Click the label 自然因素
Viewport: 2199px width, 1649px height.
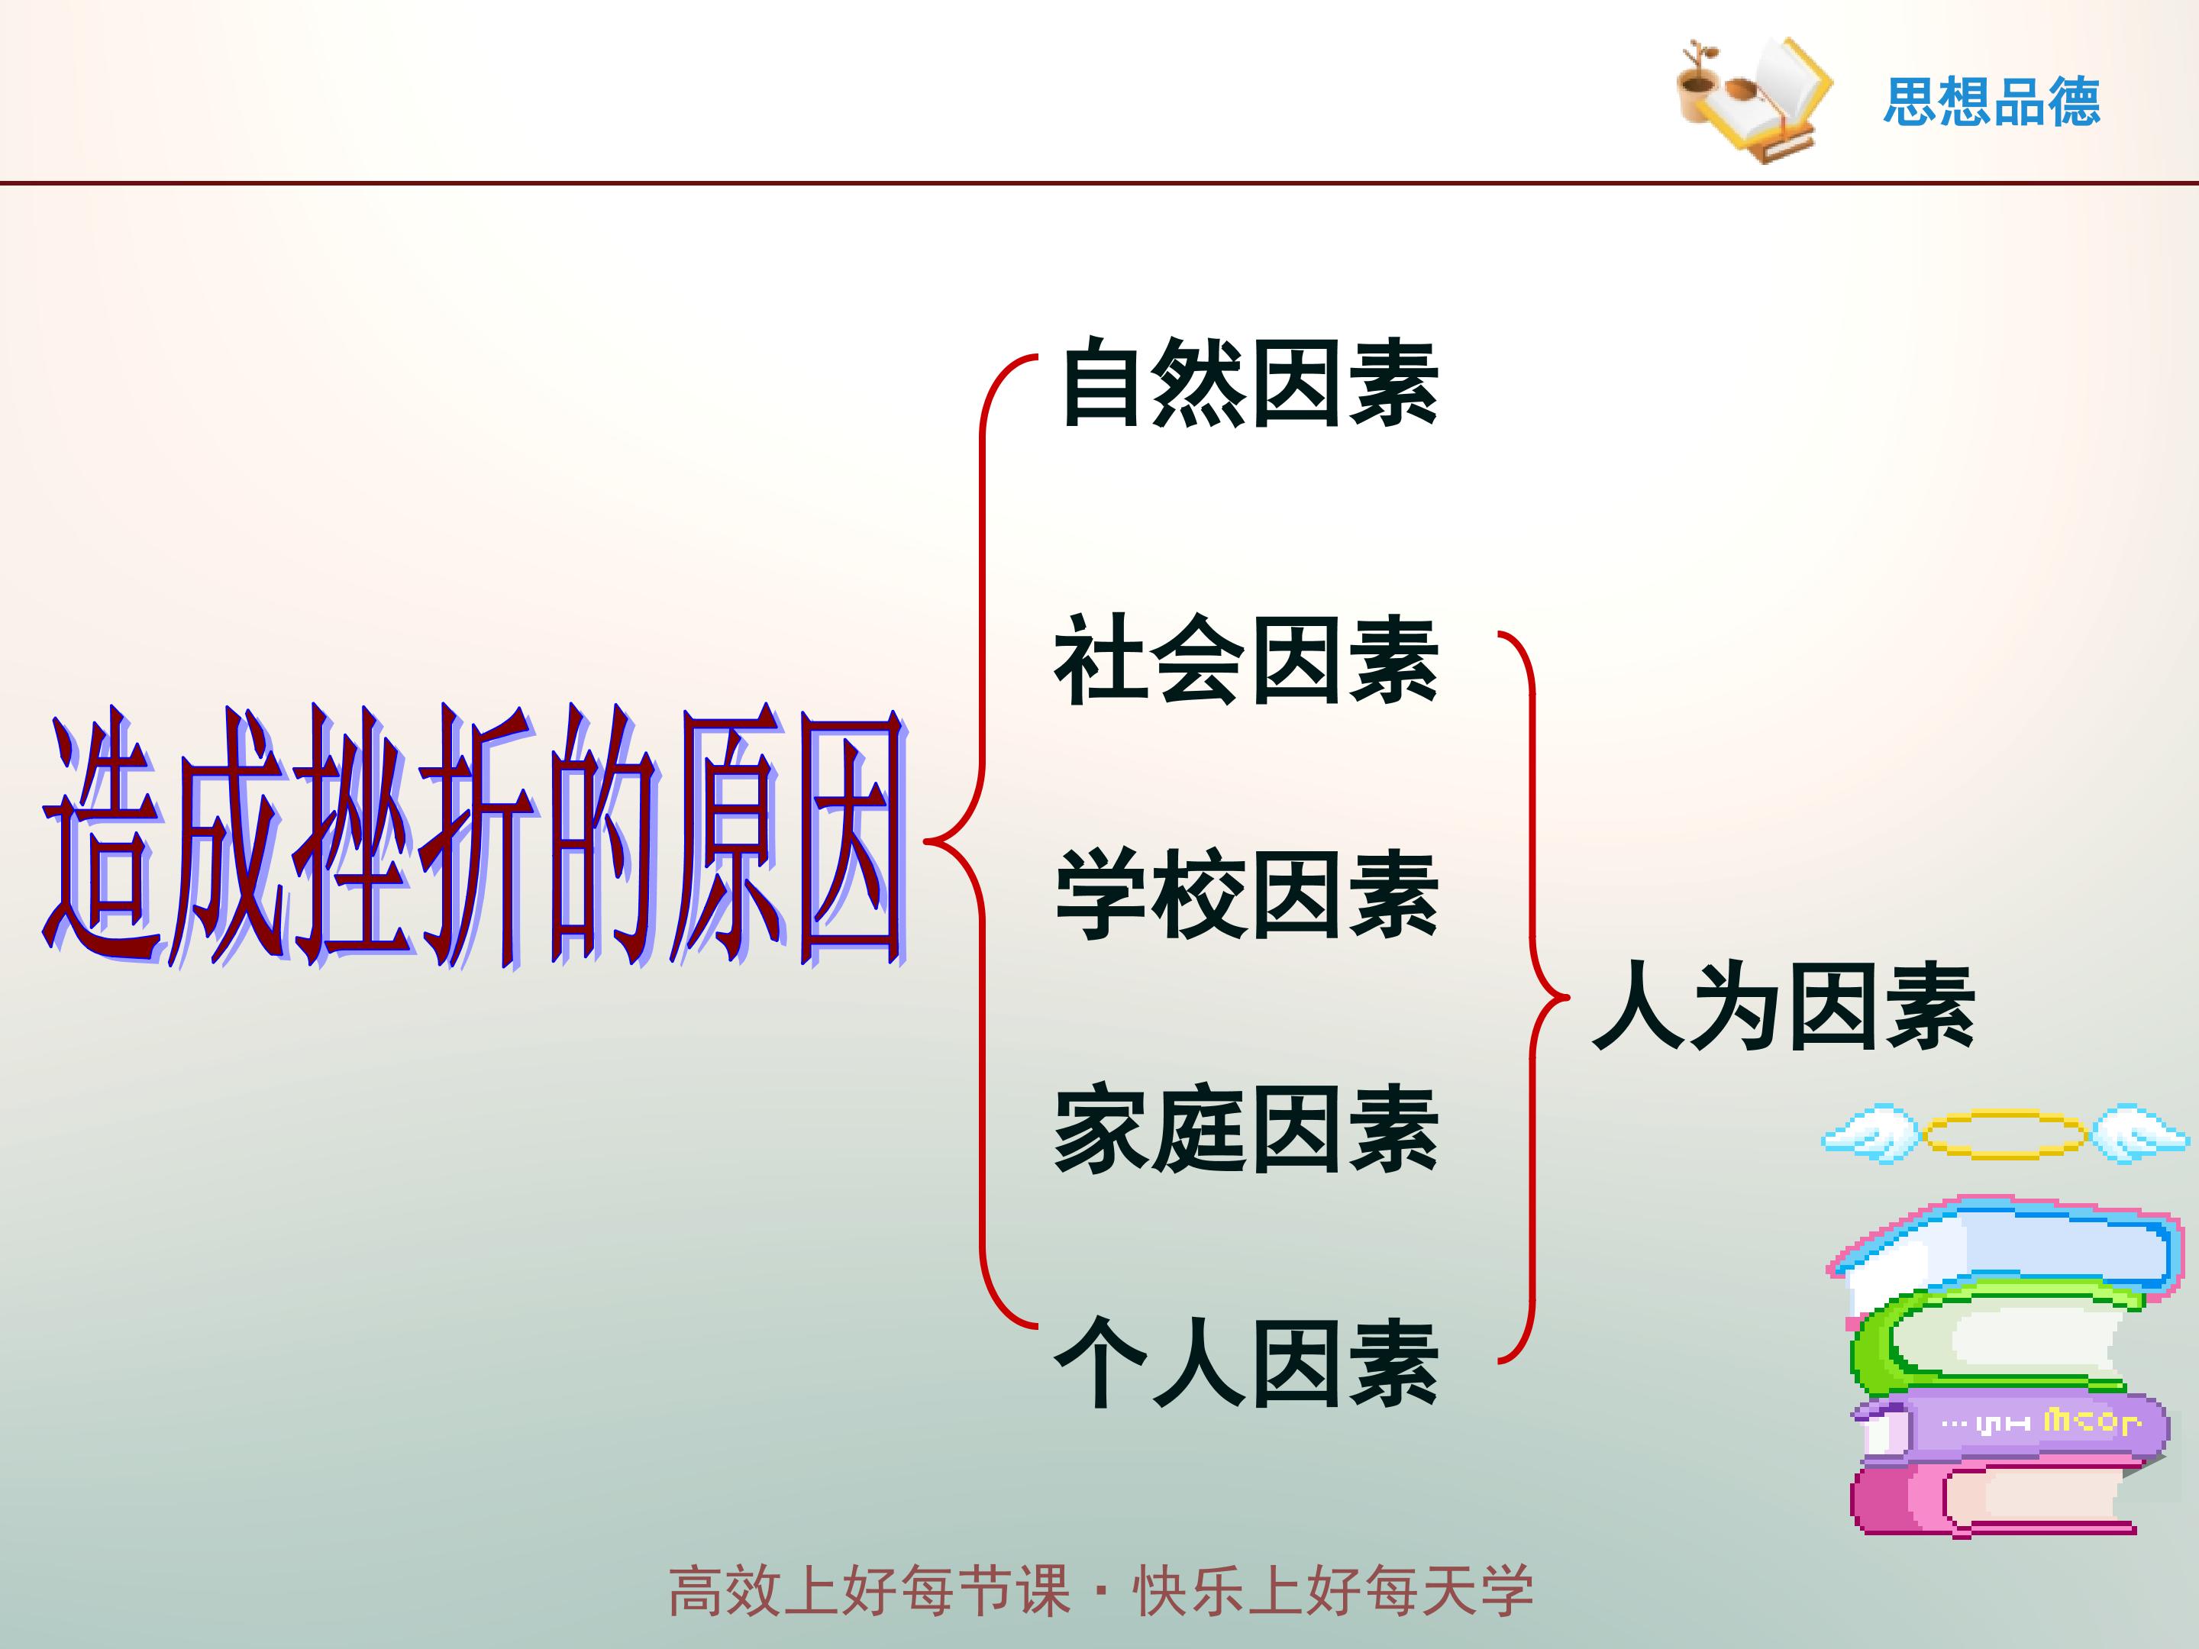tap(1250, 384)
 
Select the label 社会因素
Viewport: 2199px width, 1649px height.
tap(1247, 660)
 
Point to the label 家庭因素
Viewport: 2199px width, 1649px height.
tap(1247, 1129)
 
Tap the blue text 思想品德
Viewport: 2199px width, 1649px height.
tap(1991, 102)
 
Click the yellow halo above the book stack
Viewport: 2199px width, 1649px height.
tap(2004, 1135)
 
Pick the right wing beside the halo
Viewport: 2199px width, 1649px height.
tap(2140, 1132)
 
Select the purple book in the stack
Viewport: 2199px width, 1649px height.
tap(2008, 1428)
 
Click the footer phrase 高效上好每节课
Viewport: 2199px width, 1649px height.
tap(870, 1590)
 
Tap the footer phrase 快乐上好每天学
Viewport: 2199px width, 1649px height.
tap(1333, 1590)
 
